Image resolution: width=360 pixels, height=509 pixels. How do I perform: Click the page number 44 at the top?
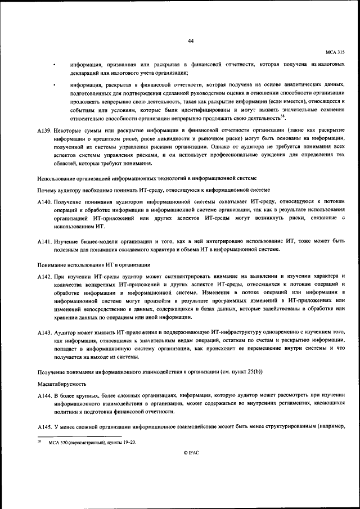pos(191,40)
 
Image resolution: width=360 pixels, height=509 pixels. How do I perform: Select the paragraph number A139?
pos(44,130)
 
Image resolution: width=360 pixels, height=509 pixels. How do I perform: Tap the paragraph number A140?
pos(44,202)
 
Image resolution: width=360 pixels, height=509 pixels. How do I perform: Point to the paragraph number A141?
pos(44,241)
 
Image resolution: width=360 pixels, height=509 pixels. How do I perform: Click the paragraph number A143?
pos(44,333)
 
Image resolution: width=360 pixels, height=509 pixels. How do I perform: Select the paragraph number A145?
pos(44,428)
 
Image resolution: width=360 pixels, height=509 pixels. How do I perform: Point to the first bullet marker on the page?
pos(55,65)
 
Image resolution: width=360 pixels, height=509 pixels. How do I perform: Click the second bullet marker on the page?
pos(55,85)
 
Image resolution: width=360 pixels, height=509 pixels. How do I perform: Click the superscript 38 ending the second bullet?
pos(283,116)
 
